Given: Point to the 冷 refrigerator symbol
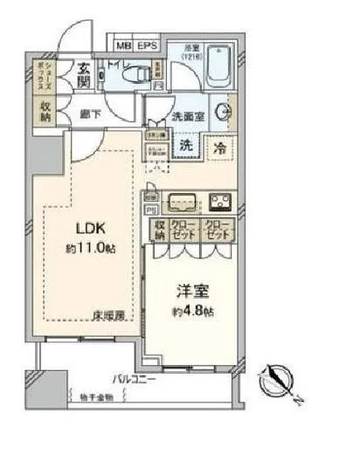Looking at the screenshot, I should (220, 149).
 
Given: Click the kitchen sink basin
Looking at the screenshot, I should (183, 200).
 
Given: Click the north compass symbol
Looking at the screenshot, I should (282, 381).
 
